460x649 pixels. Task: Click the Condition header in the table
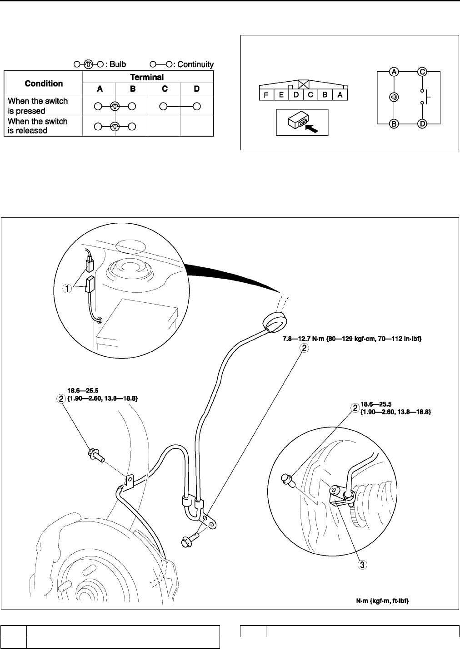tap(44, 84)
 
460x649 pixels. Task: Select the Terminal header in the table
tap(147, 77)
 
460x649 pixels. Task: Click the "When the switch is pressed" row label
tap(38, 106)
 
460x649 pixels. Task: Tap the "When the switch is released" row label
tap(38, 126)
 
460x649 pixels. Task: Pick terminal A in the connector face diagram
tap(340, 95)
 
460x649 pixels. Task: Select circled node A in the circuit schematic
tap(394, 72)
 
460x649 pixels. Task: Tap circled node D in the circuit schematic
tap(423, 123)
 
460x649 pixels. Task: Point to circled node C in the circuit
tap(423, 72)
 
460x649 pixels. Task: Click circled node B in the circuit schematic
tap(394, 123)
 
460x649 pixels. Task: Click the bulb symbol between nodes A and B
tap(394, 98)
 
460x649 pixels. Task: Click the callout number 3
tap(362, 565)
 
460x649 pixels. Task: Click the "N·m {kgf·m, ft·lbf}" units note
tap(382, 600)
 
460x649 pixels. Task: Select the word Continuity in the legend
tap(195, 64)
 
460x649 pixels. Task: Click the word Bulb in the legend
tap(118, 64)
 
